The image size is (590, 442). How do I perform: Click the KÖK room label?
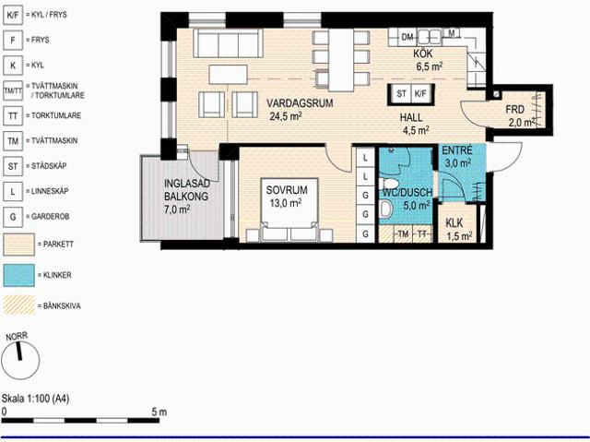[x=423, y=54]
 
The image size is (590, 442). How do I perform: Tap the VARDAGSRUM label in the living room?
[x=300, y=103]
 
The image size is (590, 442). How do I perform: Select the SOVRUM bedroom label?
[x=287, y=190]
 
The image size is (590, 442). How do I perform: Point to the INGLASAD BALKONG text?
[x=186, y=190]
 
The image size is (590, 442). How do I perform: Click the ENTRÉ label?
[x=457, y=150]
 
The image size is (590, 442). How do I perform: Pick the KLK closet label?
[x=454, y=223]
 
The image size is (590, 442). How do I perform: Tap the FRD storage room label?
[x=514, y=110]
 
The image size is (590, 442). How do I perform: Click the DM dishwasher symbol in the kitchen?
[x=407, y=37]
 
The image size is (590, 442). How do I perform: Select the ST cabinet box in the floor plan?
[x=401, y=94]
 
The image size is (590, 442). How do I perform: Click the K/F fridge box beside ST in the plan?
[x=420, y=94]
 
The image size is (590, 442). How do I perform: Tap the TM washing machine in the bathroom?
[x=403, y=234]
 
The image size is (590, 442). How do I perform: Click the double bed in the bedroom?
[x=289, y=210]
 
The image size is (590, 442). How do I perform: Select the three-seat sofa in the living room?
[x=228, y=43]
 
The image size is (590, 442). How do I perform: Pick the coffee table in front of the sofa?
[x=229, y=75]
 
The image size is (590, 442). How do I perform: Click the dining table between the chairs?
[x=341, y=60]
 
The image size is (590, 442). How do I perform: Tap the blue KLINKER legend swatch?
[x=18, y=275]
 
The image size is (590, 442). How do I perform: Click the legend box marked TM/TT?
[x=13, y=90]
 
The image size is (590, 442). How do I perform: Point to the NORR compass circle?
[x=20, y=360]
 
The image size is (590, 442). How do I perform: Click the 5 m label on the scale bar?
[x=159, y=412]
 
